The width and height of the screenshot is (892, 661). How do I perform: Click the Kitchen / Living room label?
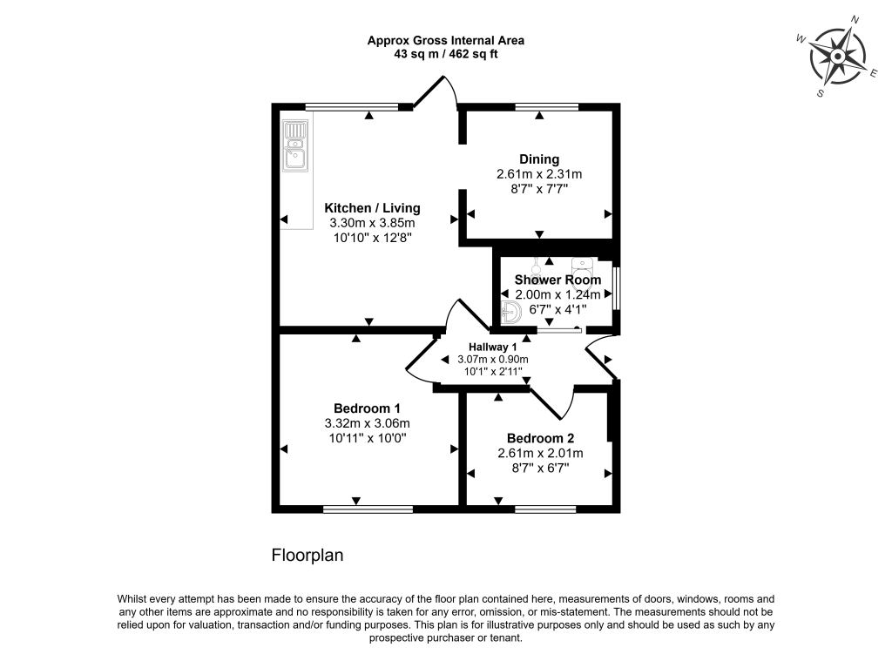point(372,208)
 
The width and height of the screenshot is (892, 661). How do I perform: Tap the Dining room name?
point(539,159)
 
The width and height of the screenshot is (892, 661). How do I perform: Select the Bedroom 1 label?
point(367,408)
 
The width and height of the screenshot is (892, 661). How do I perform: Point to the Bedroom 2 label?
point(540,439)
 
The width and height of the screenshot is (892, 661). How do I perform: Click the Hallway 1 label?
point(493,347)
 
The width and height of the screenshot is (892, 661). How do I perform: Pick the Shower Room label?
point(557,280)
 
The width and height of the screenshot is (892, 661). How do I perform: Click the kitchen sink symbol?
point(295,145)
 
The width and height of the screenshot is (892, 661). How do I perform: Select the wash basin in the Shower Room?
point(511,313)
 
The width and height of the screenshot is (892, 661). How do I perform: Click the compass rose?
point(838,57)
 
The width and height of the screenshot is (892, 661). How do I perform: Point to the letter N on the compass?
point(855,21)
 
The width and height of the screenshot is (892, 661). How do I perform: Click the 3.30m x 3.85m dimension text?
point(372,223)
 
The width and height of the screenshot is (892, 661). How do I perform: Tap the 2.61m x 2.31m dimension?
point(539,174)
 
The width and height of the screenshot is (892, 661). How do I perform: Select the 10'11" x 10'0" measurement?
point(368,438)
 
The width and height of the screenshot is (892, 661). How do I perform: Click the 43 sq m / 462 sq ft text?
point(446,55)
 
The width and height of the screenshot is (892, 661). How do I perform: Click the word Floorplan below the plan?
point(307,556)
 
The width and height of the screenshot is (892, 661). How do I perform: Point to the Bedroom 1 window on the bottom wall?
point(368,509)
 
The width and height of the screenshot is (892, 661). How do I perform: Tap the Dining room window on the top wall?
point(547,107)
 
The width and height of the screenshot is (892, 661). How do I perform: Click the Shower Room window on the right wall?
point(617,289)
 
